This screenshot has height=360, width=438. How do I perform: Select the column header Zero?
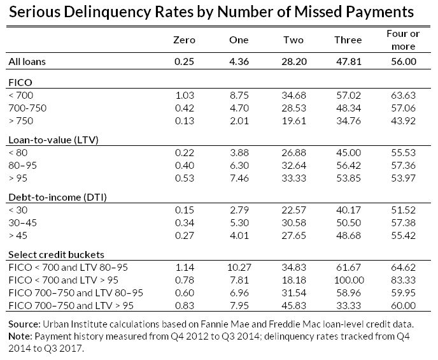(x=185, y=40)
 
